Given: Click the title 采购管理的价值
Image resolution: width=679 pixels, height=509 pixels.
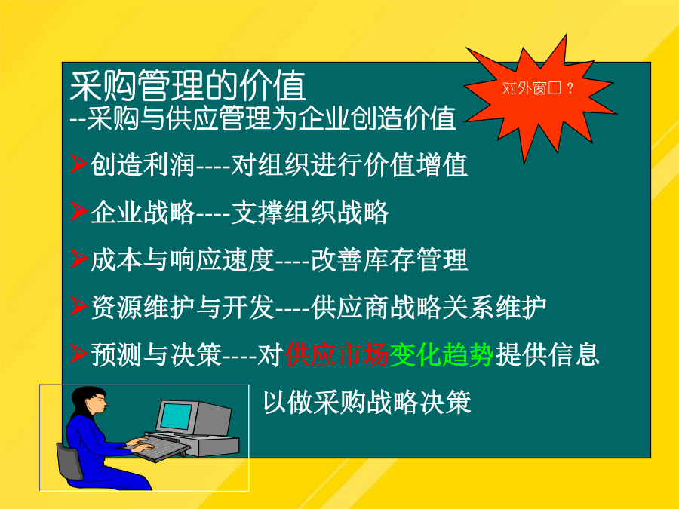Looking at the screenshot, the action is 188,86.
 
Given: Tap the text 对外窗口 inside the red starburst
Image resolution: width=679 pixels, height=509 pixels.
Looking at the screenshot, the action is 531,88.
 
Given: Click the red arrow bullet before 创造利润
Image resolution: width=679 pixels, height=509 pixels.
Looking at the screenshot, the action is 79,164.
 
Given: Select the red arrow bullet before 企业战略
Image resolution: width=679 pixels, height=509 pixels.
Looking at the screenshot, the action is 79,211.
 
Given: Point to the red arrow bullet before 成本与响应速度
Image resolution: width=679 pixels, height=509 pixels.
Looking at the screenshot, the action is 79,259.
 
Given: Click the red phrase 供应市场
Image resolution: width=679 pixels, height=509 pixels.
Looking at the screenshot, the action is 336,355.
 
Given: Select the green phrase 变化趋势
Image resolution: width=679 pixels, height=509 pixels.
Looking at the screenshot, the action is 441,355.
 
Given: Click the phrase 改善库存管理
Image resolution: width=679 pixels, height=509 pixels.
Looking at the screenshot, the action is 389,260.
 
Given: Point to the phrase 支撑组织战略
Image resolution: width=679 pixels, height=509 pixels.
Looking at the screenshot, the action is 309,213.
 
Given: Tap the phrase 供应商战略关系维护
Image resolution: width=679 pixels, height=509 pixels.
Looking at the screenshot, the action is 429,308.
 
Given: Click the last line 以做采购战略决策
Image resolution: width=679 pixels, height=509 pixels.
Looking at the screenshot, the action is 367,403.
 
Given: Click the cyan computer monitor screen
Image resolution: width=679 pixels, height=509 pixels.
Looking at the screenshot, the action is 177,416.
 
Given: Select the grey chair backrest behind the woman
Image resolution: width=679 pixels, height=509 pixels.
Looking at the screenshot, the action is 69,461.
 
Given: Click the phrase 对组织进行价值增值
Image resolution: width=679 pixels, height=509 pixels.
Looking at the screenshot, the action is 349,165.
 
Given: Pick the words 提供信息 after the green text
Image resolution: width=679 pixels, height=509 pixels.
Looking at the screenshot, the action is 547,355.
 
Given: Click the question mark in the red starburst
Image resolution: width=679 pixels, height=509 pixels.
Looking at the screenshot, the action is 570,88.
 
